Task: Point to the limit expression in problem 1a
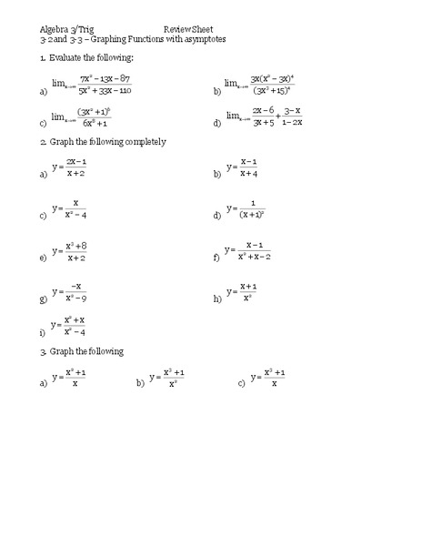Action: (92, 86)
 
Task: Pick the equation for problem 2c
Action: (70, 210)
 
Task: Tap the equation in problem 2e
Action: (70, 252)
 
